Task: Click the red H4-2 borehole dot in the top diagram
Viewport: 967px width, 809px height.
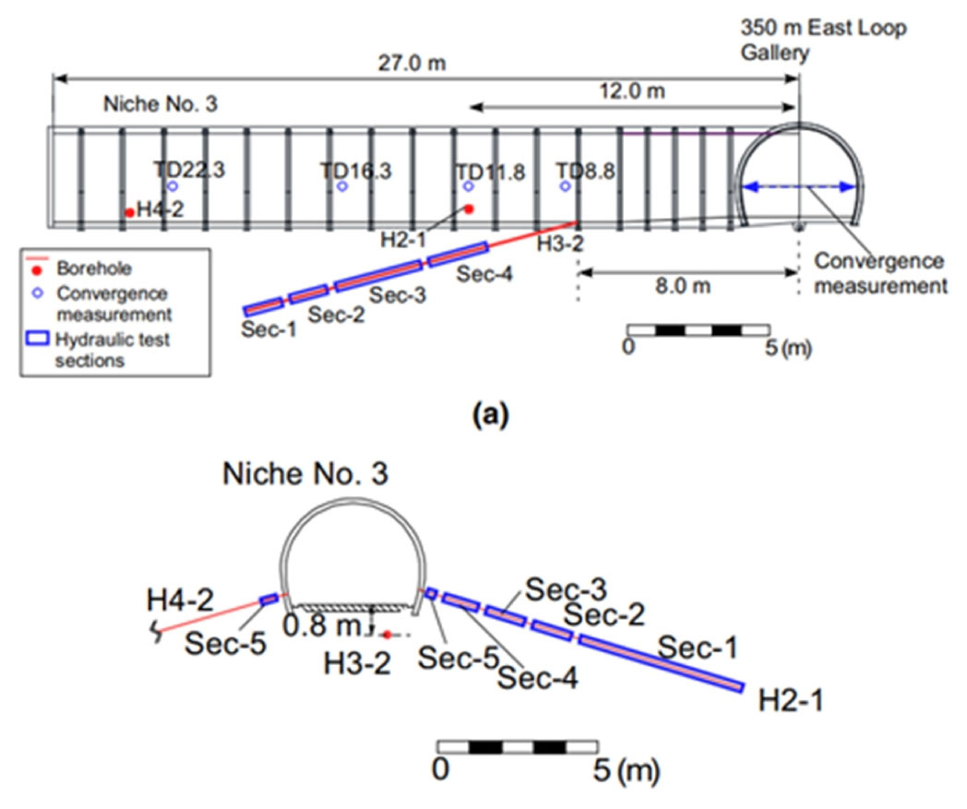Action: point(130,212)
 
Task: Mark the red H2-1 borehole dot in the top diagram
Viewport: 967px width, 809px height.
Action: point(469,208)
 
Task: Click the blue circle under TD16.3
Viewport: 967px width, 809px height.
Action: point(342,186)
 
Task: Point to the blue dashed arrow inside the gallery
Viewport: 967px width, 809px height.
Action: point(800,186)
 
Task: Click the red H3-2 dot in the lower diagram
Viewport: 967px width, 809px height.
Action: point(388,634)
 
